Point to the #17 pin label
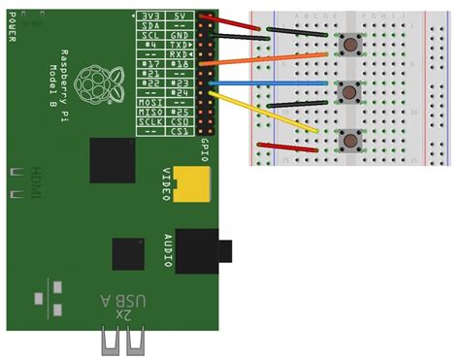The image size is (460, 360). (150, 67)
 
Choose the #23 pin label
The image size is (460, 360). (179, 85)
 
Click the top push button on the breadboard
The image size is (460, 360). (348, 44)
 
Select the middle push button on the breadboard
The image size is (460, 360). (349, 91)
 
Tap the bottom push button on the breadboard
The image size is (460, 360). (348, 140)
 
